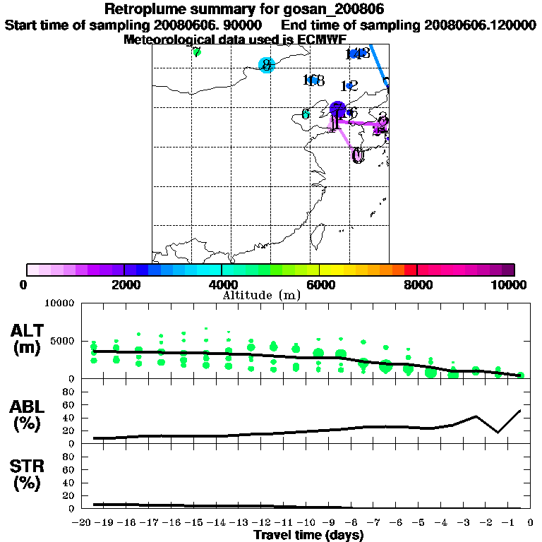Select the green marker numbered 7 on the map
tap(197, 52)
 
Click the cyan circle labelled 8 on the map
tap(266, 65)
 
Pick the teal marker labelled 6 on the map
tap(306, 114)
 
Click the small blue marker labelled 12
tap(349, 85)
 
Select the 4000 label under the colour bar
tap(222, 285)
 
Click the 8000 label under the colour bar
tap(417, 285)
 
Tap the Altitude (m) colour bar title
tap(261, 295)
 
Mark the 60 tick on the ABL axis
tap(71, 404)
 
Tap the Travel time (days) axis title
tap(308, 535)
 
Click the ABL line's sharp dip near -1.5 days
tap(498, 432)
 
